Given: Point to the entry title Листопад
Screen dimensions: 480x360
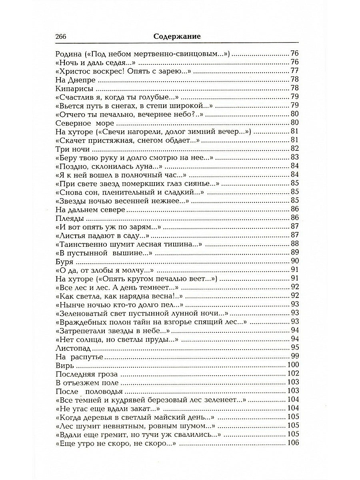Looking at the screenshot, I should [x=70, y=348].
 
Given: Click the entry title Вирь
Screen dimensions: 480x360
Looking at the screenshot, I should [x=62, y=365].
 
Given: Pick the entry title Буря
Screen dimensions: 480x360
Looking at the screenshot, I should [x=62, y=262].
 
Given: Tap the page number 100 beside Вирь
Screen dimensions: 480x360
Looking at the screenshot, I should [x=293, y=365].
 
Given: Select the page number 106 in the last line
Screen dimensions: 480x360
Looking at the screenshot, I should [x=293, y=443].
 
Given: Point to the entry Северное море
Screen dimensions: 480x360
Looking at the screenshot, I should [x=79, y=123].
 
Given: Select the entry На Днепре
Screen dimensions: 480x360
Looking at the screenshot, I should [x=70, y=80].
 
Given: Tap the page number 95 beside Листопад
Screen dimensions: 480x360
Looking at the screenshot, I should [x=295, y=348].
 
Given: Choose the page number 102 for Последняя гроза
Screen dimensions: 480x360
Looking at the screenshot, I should [x=293, y=374].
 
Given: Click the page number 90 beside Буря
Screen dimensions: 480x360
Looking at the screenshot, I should [x=295, y=262].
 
